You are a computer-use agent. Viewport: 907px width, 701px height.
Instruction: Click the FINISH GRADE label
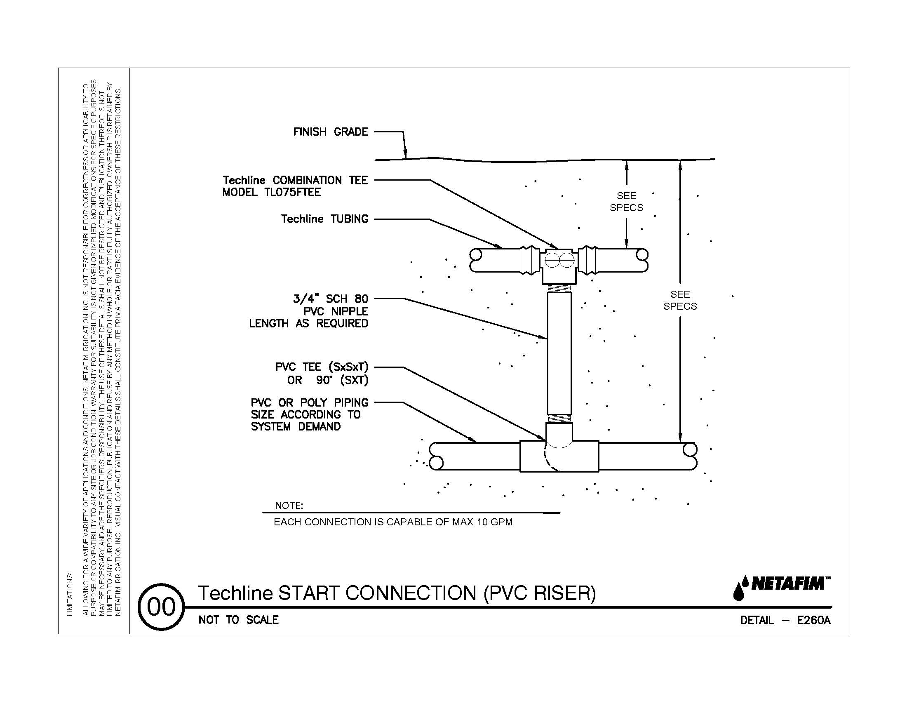(330, 132)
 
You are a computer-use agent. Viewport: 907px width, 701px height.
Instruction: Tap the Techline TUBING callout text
(324, 219)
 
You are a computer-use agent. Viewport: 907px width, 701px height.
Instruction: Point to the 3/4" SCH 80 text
(331, 299)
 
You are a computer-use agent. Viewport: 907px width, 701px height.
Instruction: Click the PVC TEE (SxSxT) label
(322, 367)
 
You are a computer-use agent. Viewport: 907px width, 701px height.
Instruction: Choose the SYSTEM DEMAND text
(295, 426)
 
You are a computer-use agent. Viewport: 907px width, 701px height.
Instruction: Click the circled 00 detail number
(161, 607)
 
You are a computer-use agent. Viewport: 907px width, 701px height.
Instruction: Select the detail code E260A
(813, 621)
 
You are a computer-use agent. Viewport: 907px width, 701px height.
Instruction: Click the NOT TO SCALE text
(238, 620)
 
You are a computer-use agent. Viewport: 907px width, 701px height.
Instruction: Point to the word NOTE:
(289, 506)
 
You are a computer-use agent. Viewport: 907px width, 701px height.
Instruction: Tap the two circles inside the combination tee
(559, 260)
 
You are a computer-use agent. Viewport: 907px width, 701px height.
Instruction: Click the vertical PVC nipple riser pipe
(559, 353)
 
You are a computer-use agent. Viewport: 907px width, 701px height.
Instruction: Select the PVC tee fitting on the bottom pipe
(559, 456)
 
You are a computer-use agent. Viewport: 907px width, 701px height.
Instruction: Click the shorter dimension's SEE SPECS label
(626, 201)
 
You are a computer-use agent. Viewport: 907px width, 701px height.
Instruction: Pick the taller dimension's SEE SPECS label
(680, 300)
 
